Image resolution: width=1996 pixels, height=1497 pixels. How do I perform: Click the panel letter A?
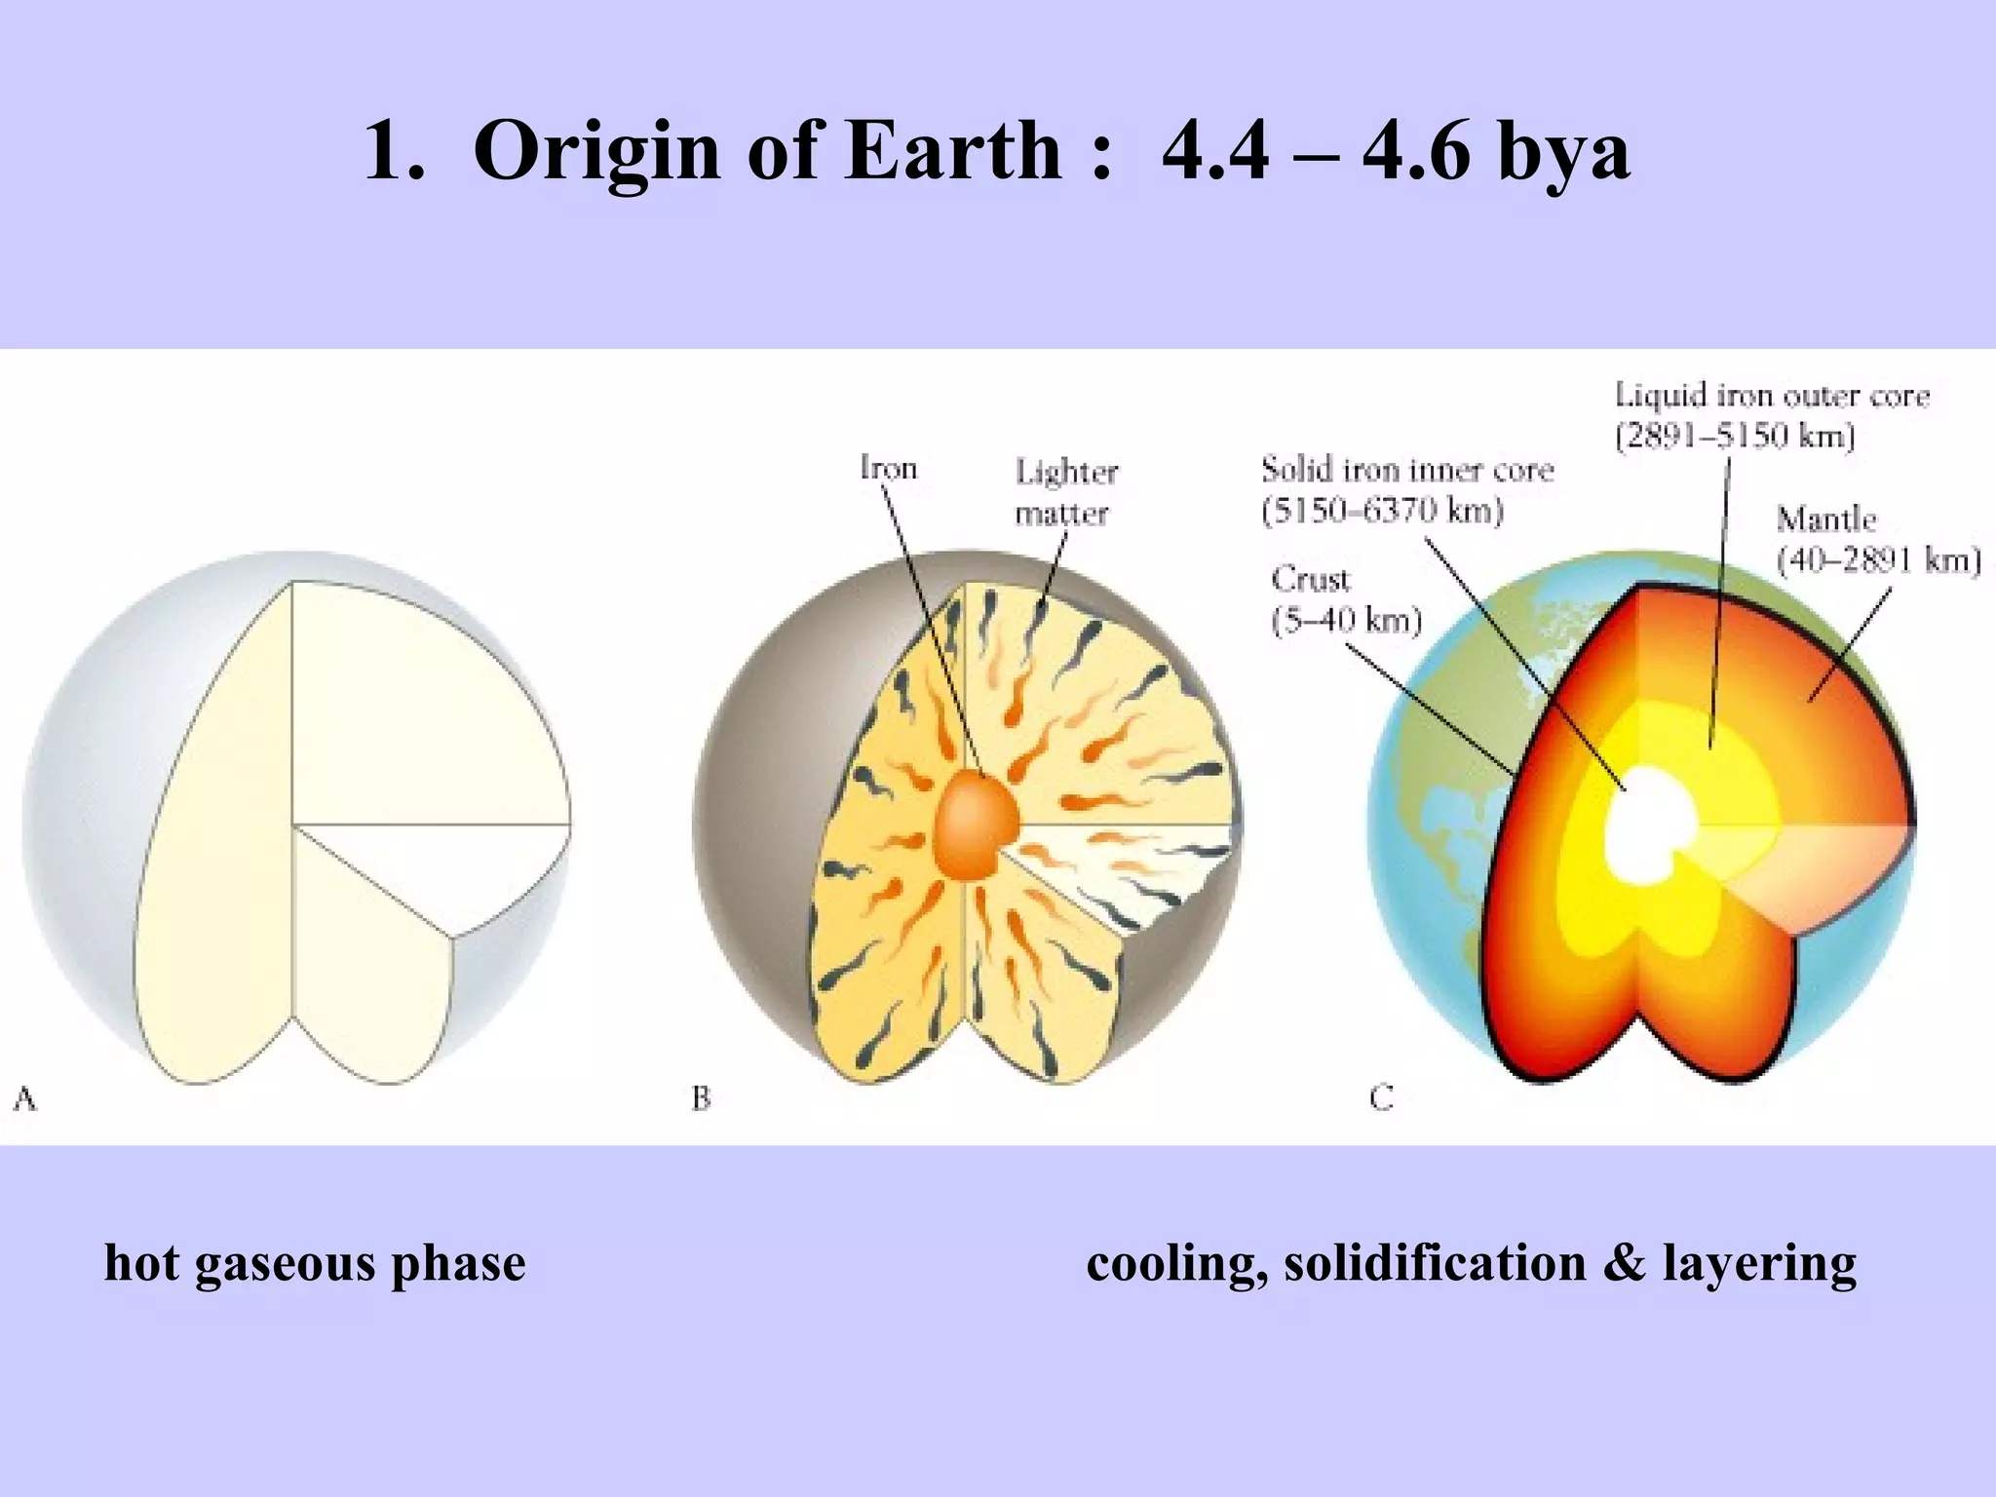(24, 1099)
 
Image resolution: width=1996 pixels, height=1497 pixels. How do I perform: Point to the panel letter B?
(701, 1099)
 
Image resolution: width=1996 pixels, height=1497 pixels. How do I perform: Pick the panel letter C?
(1381, 1099)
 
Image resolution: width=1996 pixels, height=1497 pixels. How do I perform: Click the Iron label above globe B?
(888, 469)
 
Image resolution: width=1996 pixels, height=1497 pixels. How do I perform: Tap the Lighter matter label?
(1064, 492)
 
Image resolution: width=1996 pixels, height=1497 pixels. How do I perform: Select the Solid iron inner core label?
(1406, 470)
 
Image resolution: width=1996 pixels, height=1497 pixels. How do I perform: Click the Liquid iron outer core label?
(1772, 396)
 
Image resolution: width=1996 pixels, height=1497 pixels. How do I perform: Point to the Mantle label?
(1825, 518)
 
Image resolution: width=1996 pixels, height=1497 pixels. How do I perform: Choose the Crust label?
(1311, 580)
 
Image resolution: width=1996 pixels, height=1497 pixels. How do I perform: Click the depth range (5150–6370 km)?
(1382, 511)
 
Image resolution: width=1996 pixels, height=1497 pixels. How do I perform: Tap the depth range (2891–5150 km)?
(1735, 436)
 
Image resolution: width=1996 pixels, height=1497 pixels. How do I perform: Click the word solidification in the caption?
(1435, 1263)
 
